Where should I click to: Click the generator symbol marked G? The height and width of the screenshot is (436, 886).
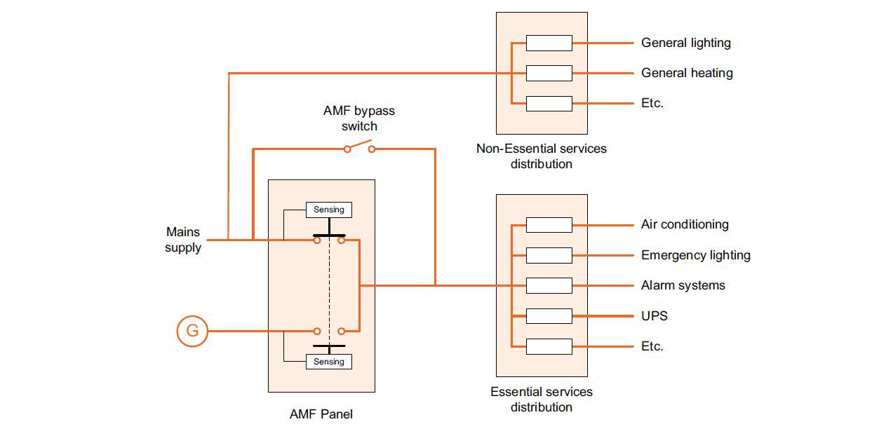[192, 331]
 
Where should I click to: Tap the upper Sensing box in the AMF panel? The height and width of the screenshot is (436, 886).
[328, 210]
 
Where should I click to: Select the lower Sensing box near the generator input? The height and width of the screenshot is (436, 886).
[328, 362]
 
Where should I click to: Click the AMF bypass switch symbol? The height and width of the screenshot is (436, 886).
[359, 147]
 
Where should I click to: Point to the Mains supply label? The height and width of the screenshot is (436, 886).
[183, 240]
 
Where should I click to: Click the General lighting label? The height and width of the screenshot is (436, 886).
[685, 43]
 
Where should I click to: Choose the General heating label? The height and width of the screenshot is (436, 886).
[686, 73]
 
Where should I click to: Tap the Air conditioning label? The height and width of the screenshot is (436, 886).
[684, 224]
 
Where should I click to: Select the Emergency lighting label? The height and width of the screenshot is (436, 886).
[695, 255]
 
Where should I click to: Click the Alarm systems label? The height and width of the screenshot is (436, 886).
[683, 285]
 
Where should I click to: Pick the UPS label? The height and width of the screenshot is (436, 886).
[654, 316]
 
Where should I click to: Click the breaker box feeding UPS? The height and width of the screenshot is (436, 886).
[549, 316]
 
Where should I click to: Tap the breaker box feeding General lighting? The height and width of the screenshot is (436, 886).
[549, 43]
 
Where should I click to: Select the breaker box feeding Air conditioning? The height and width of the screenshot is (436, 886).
[549, 224]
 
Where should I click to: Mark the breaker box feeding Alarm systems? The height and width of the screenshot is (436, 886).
[549, 285]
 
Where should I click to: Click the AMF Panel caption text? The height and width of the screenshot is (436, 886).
[321, 414]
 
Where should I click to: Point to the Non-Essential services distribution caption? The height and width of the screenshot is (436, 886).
[541, 156]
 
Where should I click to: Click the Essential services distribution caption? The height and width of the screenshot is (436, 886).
[541, 400]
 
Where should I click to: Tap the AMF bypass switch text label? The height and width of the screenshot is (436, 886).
[358, 118]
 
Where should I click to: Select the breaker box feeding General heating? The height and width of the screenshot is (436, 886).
[549, 73]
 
